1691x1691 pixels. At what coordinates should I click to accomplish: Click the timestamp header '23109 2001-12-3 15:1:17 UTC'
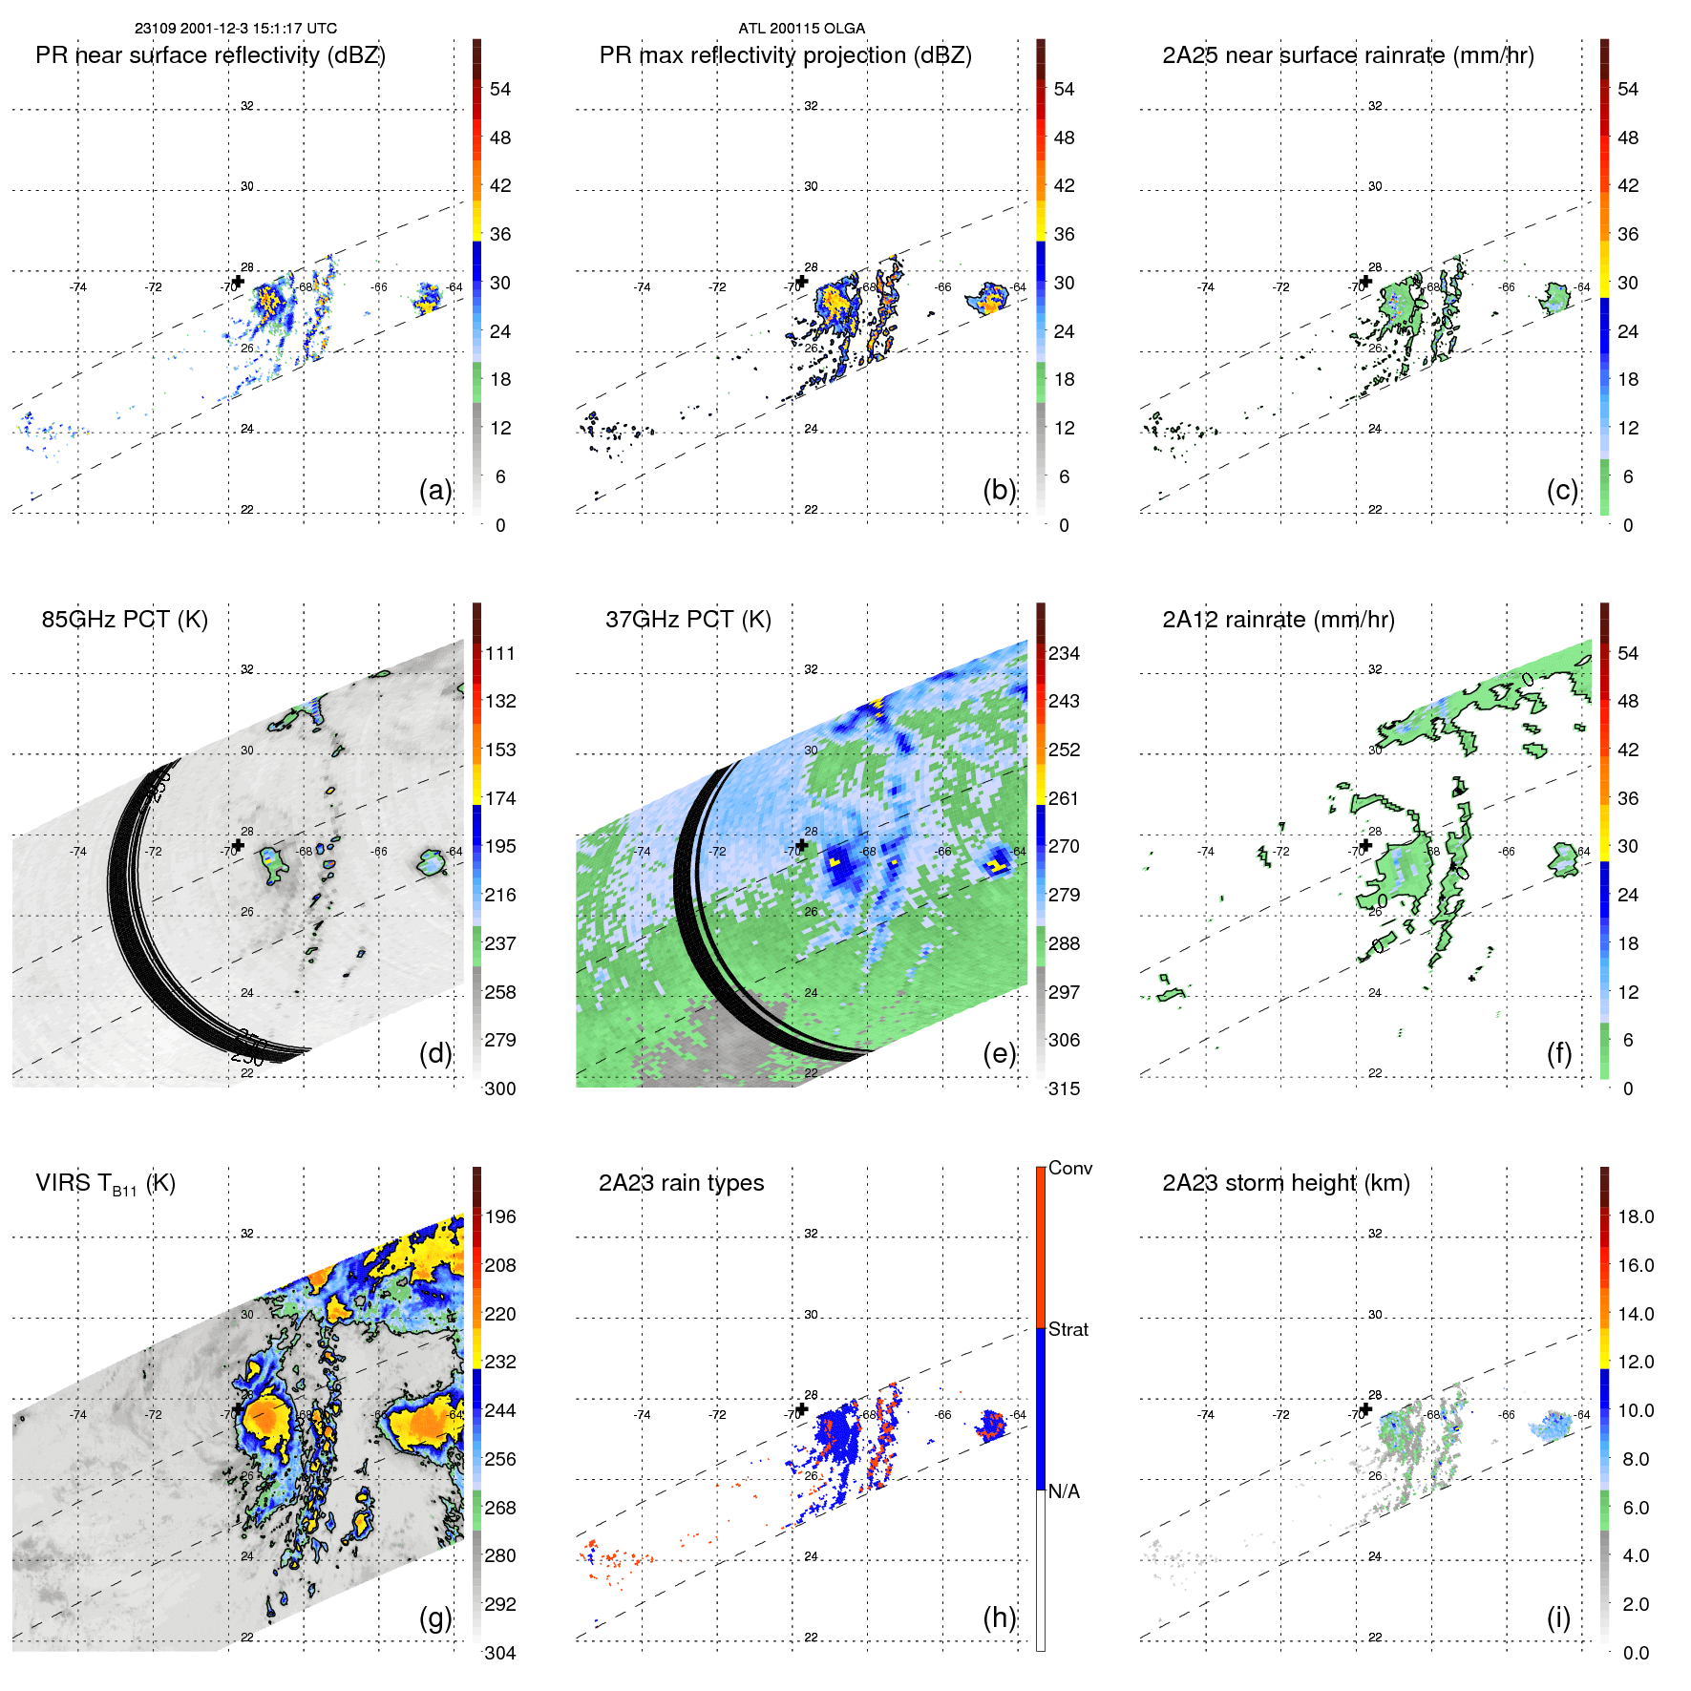(x=235, y=29)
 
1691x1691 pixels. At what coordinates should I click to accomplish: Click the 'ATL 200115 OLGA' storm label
(x=801, y=29)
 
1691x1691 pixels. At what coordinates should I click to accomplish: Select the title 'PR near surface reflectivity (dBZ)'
(x=210, y=55)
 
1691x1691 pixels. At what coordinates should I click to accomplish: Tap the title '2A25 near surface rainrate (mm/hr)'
(x=1347, y=55)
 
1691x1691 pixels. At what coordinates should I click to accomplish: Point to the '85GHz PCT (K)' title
(x=124, y=620)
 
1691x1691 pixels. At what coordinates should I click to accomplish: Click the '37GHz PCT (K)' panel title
(x=687, y=620)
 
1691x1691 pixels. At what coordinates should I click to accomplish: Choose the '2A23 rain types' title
(x=681, y=1183)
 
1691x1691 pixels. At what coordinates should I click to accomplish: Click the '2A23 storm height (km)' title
(x=1285, y=1183)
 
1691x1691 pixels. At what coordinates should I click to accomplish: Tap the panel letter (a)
(x=435, y=490)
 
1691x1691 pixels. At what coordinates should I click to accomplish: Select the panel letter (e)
(x=1000, y=1053)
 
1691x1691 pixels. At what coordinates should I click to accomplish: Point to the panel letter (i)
(x=1558, y=1617)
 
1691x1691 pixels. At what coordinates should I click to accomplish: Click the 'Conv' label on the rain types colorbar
(x=1069, y=1169)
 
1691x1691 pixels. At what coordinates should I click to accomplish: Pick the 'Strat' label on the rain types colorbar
(x=1067, y=1330)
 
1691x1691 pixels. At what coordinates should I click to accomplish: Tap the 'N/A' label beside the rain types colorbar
(x=1064, y=1491)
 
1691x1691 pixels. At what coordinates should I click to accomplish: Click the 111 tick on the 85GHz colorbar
(x=500, y=654)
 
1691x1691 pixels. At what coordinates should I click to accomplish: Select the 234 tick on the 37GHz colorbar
(x=1064, y=654)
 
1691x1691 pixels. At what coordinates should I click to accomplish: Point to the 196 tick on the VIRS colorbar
(x=500, y=1217)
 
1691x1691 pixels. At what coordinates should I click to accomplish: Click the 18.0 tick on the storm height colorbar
(x=1635, y=1217)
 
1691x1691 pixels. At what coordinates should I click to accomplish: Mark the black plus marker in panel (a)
(x=238, y=281)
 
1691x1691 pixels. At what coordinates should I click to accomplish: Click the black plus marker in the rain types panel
(x=802, y=1409)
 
